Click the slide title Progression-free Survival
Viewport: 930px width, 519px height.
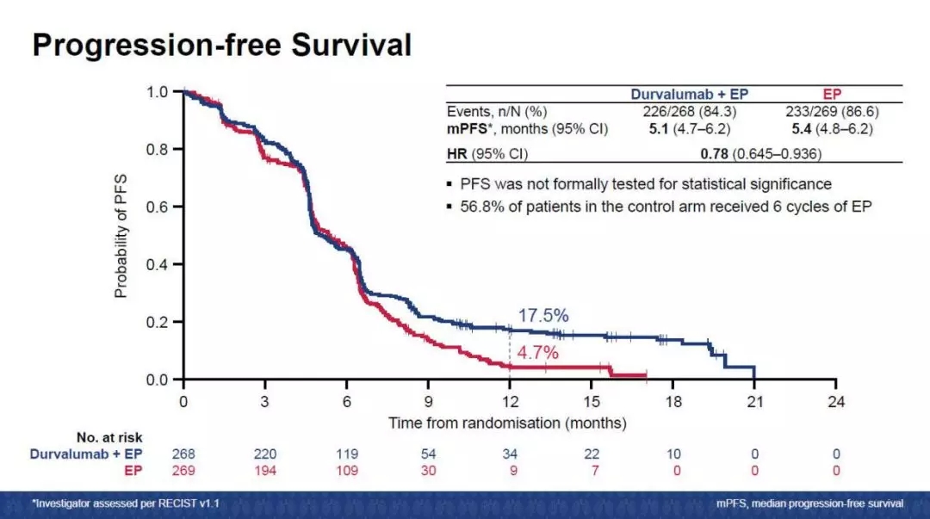pos(221,45)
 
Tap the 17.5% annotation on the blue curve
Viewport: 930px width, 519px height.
pos(542,316)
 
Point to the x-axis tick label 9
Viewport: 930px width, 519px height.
pos(428,402)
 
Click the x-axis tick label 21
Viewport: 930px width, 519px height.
pos(754,402)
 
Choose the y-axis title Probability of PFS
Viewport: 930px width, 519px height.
pos(121,235)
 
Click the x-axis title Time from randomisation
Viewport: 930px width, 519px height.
pos(507,423)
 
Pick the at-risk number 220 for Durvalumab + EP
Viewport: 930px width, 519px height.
pos(265,454)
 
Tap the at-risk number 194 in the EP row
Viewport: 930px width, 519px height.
pos(265,470)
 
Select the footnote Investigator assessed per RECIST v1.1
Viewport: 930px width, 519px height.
pos(126,504)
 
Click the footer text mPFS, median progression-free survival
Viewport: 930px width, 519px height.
pos(809,504)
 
